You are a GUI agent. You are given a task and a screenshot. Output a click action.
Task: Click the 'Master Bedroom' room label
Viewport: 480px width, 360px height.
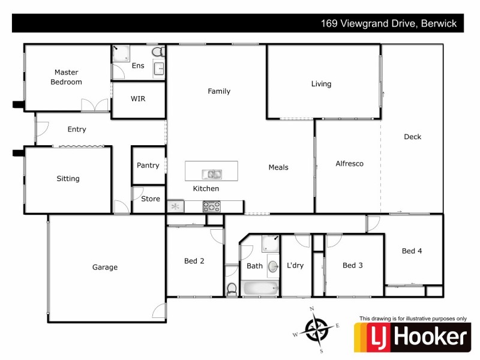pyautogui.click(x=66, y=77)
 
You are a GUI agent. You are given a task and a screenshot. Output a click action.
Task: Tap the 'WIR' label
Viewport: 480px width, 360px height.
pyautogui.click(x=138, y=99)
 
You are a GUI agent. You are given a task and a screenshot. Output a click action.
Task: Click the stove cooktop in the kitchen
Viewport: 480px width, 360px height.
pyautogui.click(x=212, y=206)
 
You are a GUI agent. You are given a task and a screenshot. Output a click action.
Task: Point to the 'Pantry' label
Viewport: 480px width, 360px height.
pyautogui.click(x=148, y=166)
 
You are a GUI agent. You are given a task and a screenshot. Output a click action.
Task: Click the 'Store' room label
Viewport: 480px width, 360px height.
pyautogui.click(x=151, y=199)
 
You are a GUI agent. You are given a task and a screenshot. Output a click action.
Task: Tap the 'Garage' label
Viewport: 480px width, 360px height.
pyautogui.click(x=104, y=267)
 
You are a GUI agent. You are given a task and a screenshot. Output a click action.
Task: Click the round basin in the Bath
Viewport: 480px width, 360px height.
pyautogui.click(x=272, y=266)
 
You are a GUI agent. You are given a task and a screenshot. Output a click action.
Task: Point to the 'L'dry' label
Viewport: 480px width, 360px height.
pyautogui.click(x=295, y=265)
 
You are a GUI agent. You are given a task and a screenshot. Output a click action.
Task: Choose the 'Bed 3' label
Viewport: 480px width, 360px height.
pyautogui.click(x=352, y=265)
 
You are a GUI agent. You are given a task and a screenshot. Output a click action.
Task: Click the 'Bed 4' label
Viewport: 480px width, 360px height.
pyautogui.click(x=412, y=251)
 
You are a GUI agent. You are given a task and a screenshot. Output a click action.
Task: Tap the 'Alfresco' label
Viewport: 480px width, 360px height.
pyautogui.click(x=349, y=163)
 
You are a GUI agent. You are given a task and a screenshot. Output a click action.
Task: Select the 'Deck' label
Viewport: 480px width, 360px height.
pyautogui.click(x=412, y=137)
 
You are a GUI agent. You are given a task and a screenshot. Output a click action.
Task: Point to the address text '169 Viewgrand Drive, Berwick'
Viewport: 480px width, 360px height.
pyautogui.click(x=388, y=24)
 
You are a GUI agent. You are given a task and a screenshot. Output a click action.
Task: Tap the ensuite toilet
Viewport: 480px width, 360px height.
pyautogui.click(x=158, y=52)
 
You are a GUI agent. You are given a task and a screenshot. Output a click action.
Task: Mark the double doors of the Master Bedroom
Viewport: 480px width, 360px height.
pyautogui.click(x=95, y=105)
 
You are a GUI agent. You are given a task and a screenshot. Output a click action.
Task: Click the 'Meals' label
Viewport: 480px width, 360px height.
pyautogui.click(x=278, y=167)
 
